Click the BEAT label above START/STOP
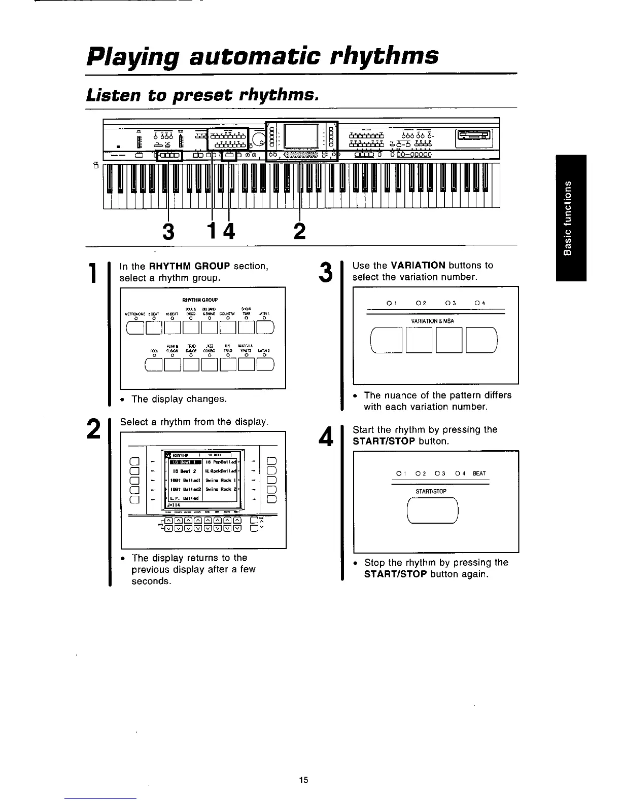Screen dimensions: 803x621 (479, 473)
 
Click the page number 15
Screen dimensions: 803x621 (304, 780)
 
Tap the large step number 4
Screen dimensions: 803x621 (326, 436)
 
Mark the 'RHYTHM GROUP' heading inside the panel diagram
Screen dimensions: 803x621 (203, 300)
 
